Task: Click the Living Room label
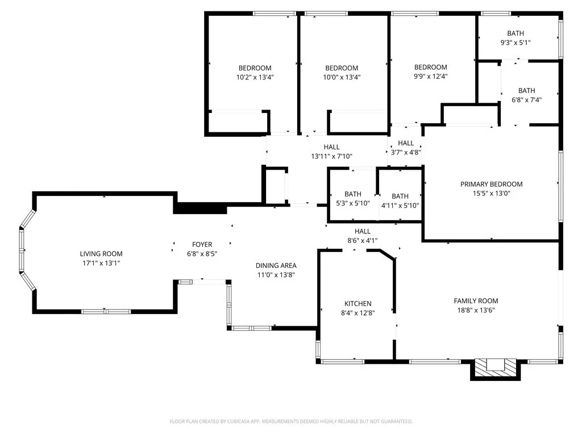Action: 101,254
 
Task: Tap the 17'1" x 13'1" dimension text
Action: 101,263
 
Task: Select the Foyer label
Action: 202,245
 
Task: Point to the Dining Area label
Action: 276,265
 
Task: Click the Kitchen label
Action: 357,304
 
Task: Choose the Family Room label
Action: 476,301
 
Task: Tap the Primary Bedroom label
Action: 491,184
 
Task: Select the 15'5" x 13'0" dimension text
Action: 491,194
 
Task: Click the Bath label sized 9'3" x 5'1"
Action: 516,33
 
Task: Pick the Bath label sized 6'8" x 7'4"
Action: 526,90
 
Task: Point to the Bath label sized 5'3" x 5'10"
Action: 352,194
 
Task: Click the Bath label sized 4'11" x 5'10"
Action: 400,196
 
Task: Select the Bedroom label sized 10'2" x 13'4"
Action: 255,68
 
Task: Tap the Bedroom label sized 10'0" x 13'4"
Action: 342,68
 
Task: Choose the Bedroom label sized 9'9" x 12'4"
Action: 430,67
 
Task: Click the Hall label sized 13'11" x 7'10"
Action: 331,147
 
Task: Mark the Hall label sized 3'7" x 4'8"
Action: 406,143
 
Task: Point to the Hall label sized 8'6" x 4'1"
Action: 363,231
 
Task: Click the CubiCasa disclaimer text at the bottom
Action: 290,421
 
